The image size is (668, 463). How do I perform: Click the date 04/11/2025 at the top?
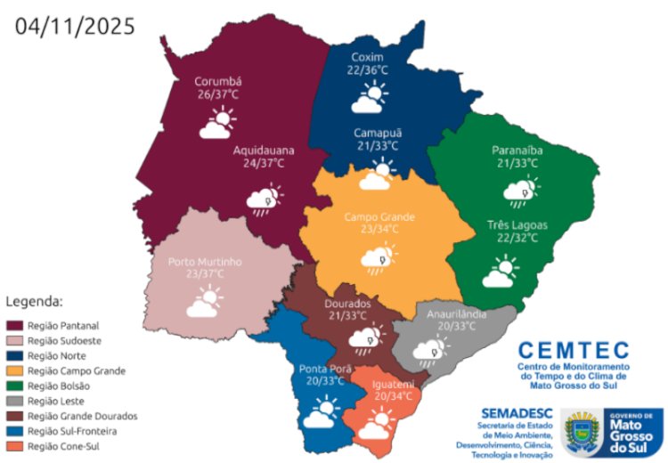pyautogui.click(x=75, y=26)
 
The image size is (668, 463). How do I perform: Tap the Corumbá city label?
pyautogui.click(x=218, y=82)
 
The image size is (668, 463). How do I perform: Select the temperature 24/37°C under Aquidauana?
pyautogui.click(x=264, y=165)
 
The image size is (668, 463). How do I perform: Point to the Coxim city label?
pyautogui.click(x=368, y=54)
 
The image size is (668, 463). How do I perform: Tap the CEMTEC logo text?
pyautogui.click(x=573, y=350)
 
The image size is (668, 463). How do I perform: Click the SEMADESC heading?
pyautogui.click(x=517, y=413)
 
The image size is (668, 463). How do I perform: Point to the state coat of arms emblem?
pyautogui.click(x=582, y=430)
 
